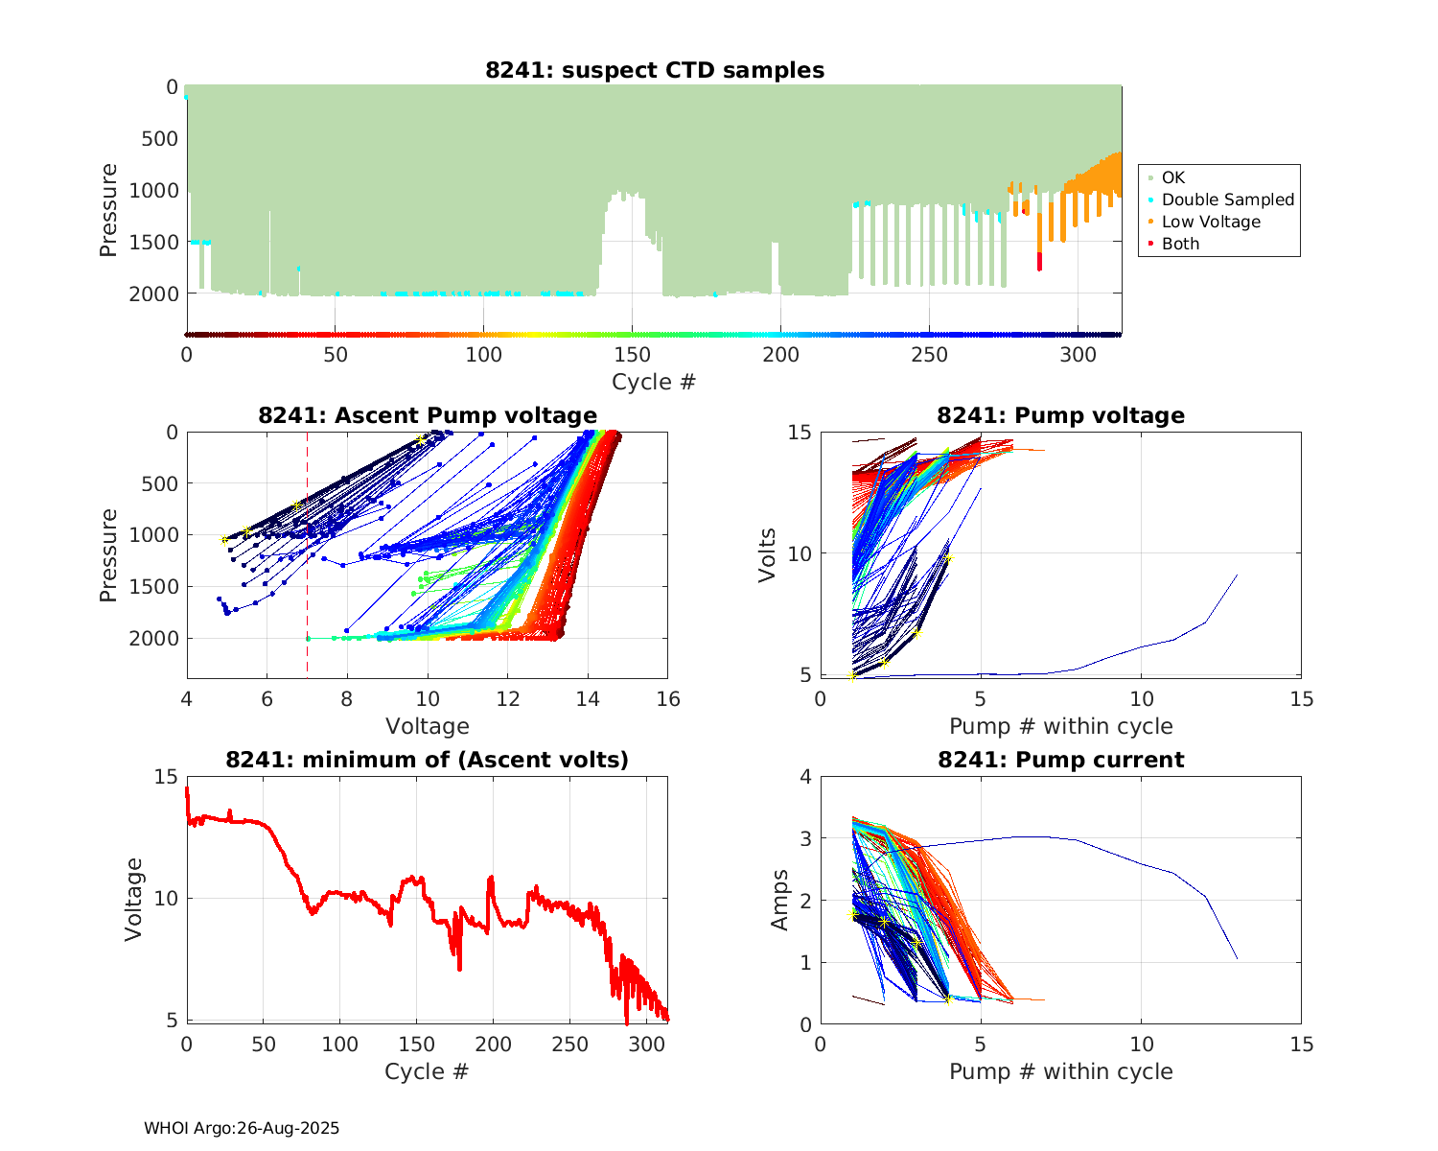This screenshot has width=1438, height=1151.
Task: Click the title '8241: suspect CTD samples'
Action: (x=654, y=70)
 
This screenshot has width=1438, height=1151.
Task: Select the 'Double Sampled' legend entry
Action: (x=1227, y=200)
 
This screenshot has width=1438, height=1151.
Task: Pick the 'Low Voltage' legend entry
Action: (x=1211, y=222)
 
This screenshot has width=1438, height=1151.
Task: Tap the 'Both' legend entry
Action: (x=1180, y=244)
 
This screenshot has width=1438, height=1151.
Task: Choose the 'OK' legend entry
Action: (x=1172, y=177)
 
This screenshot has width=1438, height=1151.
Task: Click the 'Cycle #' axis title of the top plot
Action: (x=654, y=382)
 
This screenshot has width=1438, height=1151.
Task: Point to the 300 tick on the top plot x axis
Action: (x=1078, y=355)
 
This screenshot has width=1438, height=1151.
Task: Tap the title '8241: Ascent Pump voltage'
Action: (x=427, y=415)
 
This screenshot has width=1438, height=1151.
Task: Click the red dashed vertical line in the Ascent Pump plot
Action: (x=308, y=595)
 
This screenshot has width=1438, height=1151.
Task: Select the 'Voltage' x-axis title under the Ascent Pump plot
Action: (x=427, y=726)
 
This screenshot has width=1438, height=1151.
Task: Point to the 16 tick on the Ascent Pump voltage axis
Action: (x=668, y=699)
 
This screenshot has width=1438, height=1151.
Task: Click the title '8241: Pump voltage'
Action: (x=1060, y=415)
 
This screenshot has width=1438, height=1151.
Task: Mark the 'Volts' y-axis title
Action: (x=767, y=553)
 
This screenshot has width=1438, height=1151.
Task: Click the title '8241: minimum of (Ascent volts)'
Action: (x=427, y=760)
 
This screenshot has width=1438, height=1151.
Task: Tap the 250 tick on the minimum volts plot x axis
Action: (x=570, y=1044)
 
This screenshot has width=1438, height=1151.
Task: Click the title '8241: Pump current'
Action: (x=1060, y=760)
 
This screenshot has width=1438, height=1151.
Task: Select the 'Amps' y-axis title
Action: (x=780, y=900)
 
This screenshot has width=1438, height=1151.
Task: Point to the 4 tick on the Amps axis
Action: (x=804, y=777)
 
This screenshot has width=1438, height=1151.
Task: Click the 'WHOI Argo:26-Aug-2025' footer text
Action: (x=242, y=1128)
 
